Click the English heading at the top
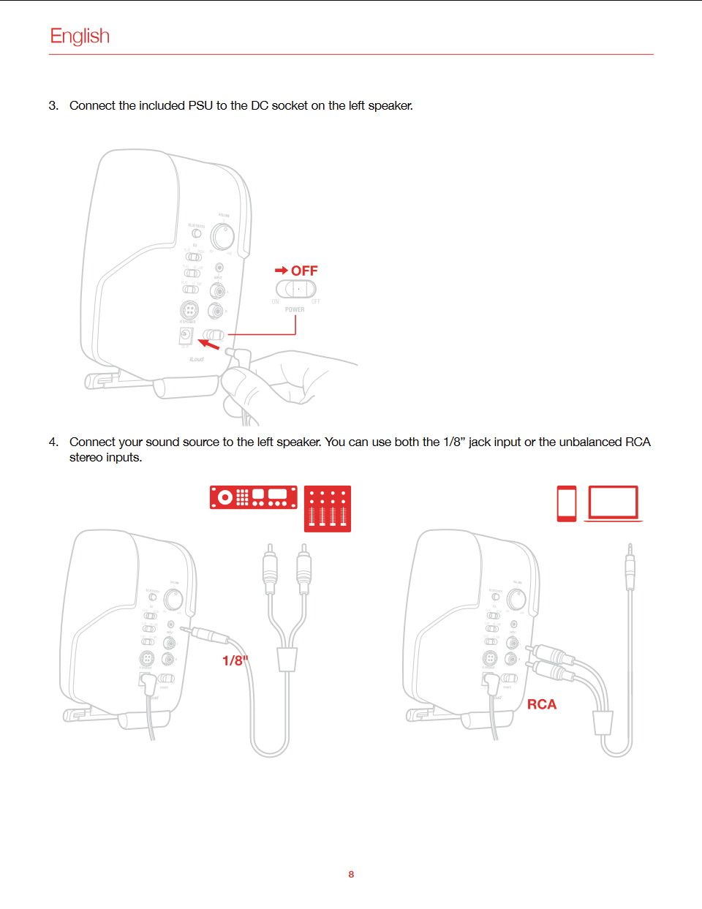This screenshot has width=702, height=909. pos(80,36)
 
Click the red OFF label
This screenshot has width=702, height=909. pos(304,271)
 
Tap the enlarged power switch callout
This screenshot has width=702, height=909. pos(295,289)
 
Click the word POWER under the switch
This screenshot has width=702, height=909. pos(295,309)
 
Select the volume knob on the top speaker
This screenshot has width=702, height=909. pos(222,236)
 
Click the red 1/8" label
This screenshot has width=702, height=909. pos(235,660)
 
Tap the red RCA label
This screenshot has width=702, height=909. pos(542,704)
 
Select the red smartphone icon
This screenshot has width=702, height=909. pos(567,503)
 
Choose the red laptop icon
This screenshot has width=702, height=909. pos(614,503)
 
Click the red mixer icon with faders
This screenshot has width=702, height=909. pos(328,508)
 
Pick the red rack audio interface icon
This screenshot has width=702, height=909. pos(254,497)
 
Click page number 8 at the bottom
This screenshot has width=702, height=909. pos(351,874)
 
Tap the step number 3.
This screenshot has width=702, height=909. pos(53,105)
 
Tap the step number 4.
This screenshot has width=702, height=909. pos(53,442)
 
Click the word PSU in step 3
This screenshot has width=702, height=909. pos(200,105)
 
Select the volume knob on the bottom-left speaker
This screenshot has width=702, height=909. pos(173,599)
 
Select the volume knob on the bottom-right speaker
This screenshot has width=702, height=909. pos(516,599)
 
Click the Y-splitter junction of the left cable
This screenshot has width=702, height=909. pos(287,658)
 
